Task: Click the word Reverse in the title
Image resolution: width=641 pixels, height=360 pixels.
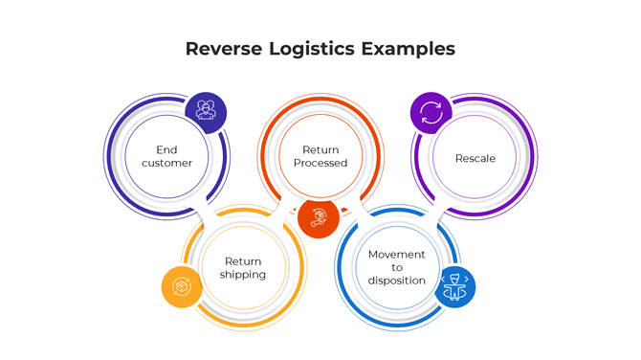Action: pyautogui.click(x=222, y=49)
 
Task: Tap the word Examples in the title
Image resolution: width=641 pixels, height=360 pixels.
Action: pyautogui.click(x=409, y=49)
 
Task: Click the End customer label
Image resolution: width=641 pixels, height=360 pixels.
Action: pyautogui.click(x=167, y=156)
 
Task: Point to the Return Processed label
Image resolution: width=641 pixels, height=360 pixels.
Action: pyautogui.click(x=320, y=156)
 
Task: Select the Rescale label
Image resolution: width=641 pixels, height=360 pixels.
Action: pyautogui.click(x=475, y=158)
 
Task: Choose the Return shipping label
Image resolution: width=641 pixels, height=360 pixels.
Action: pyautogui.click(x=243, y=268)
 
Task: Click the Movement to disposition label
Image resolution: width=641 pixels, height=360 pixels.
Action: pyautogui.click(x=396, y=267)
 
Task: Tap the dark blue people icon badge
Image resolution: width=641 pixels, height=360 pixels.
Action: pyautogui.click(x=206, y=111)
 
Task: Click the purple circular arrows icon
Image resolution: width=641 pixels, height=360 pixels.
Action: pyautogui.click(x=431, y=112)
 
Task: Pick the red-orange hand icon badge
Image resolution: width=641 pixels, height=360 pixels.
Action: pyautogui.click(x=319, y=217)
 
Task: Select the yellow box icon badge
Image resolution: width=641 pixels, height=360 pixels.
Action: pyautogui.click(x=181, y=287)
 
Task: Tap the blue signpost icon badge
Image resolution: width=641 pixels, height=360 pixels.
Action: pyautogui.click(x=454, y=286)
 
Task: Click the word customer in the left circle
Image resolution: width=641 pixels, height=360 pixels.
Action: pyautogui.click(x=167, y=163)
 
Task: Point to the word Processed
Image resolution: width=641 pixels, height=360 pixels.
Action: pyautogui.click(x=320, y=163)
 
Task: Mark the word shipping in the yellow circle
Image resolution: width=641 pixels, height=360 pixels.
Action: pyautogui.click(x=243, y=275)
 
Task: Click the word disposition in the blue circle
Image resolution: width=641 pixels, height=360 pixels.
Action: pyautogui.click(x=396, y=281)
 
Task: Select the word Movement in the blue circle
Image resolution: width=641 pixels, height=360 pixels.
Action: pyautogui.click(x=396, y=254)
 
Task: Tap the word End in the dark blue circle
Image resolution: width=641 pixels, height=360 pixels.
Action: pyautogui.click(x=167, y=149)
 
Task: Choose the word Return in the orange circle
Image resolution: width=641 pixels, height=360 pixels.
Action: pyautogui.click(x=320, y=149)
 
